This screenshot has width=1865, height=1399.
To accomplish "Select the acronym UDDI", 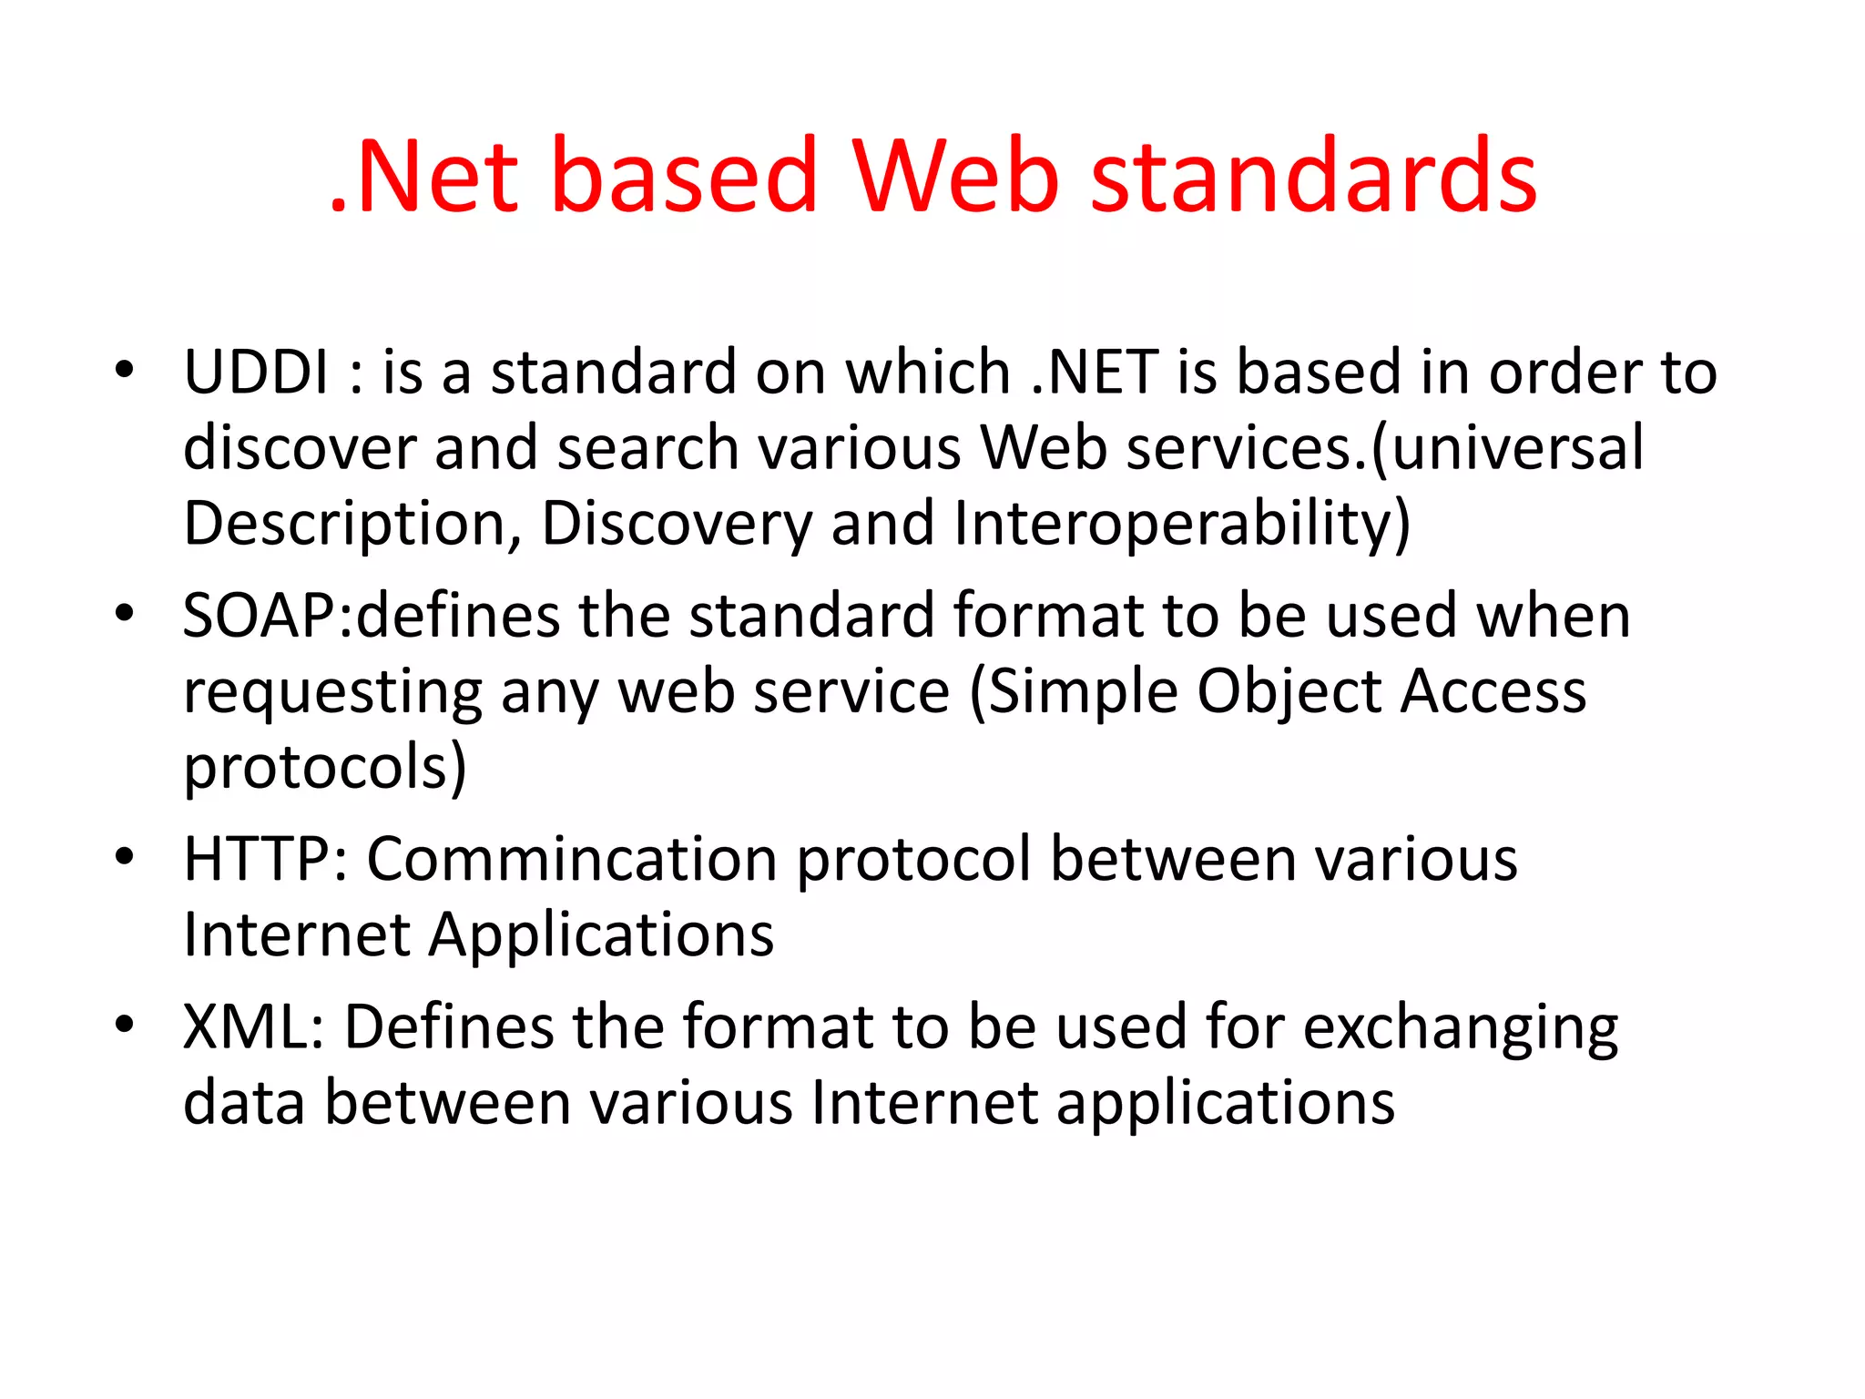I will pos(256,373).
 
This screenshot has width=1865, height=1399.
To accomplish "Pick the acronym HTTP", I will pos(258,859).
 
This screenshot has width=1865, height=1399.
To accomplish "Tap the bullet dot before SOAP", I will pos(125,613).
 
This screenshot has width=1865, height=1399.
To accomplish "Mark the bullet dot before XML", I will pos(125,1024).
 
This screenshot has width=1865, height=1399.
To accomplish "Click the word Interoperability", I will pos(1181,525).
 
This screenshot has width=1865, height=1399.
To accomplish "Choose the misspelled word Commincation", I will pos(571,859).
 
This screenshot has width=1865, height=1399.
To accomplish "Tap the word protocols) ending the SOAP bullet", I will pos(325,768).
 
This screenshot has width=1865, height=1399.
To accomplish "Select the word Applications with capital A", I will pos(601,935).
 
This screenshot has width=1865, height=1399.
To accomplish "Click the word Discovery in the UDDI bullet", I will pos(676,525).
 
